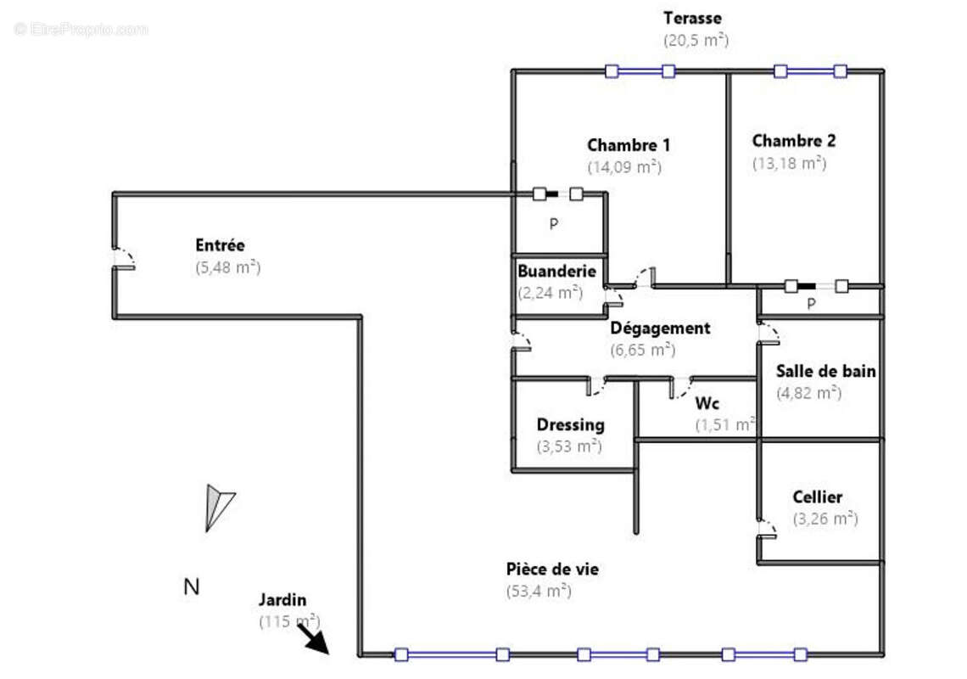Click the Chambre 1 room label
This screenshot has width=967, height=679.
point(628,145)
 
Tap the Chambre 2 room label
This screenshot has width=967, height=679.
point(793,141)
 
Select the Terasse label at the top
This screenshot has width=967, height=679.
point(693,18)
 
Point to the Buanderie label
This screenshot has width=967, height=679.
point(556,272)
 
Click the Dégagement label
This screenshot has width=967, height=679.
point(660,328)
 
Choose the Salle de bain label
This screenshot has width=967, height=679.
point(826,371)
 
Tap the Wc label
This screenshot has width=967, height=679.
point(707,403)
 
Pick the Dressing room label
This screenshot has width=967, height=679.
point(570,424)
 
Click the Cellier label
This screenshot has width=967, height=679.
point(817,497)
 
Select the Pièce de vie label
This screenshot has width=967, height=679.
point(551,569)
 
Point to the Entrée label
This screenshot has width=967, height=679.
point(220,245)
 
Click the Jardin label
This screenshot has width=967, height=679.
point(282,600)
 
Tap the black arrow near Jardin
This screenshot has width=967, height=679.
point(314,638)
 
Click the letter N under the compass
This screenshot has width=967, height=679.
point(192,586)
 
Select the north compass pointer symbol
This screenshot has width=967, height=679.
point(218,507)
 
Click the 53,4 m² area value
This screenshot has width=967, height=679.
point(538,592)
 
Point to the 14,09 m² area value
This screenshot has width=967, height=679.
point(623,167)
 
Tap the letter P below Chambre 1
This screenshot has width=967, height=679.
point(553,225)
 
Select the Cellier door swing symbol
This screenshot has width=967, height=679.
point(767,529)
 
